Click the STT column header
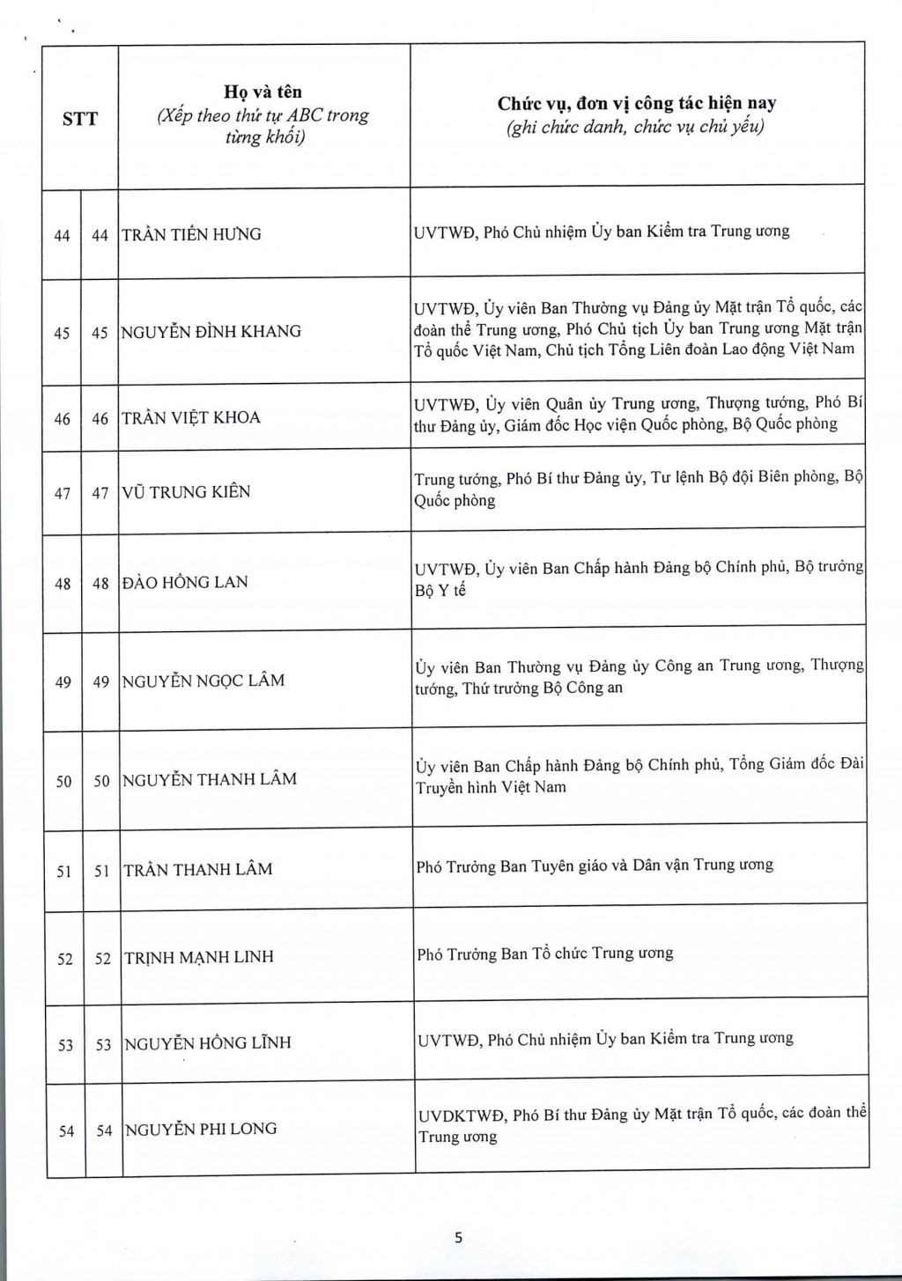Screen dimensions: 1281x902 click(80, 119)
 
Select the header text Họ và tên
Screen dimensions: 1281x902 click(262, 92)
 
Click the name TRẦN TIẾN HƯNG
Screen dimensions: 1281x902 click(191, 234)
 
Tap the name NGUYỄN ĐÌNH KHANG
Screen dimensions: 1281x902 click(211, 332)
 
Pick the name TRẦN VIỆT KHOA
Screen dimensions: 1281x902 click(191, 417)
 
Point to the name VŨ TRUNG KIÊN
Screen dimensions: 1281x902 click(186, 492)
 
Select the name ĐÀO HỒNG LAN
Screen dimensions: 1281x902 click(185, 582)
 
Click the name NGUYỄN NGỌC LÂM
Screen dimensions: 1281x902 click(203, 681)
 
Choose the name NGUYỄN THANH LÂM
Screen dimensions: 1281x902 click(210, 779)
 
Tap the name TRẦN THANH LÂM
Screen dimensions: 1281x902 click(198, 870)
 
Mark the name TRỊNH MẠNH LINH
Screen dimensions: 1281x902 click(199, 957)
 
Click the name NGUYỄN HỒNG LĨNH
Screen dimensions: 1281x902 click(208, 1043)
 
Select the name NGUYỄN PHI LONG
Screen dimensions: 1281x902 click(201, 1130)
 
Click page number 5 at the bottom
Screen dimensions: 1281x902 click(458, 1238)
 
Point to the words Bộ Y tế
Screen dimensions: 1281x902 click(440, 591)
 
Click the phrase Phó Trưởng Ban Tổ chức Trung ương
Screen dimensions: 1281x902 click(545, 953)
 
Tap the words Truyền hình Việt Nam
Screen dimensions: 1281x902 click(491, 788)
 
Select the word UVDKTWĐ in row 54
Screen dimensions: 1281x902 click(462, 1115)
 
